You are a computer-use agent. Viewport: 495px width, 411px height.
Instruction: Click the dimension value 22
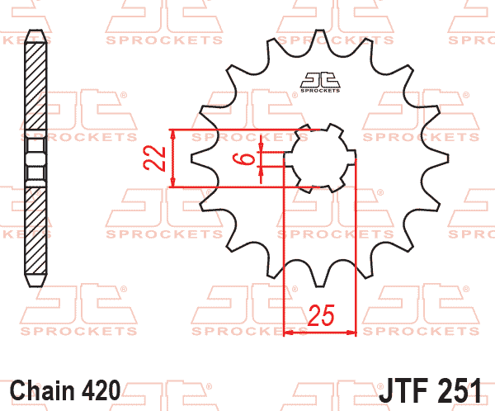click(154, 158)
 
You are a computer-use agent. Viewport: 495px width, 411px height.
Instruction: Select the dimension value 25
click(321, 315)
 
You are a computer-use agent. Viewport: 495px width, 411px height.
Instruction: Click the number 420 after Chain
click(101, 390)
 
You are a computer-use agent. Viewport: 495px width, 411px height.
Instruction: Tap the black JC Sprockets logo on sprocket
click(320, 83)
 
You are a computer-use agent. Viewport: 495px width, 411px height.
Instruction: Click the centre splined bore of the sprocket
click(320, 158)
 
